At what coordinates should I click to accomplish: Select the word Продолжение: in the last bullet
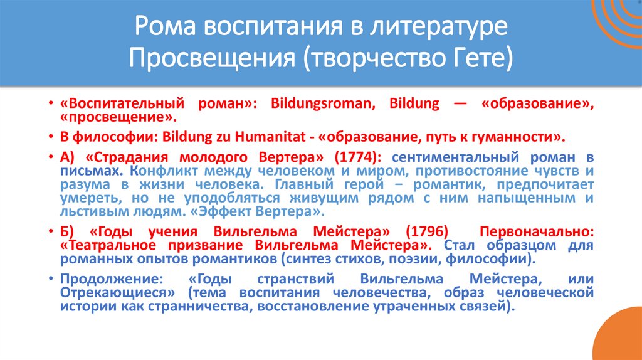[102, 278]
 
